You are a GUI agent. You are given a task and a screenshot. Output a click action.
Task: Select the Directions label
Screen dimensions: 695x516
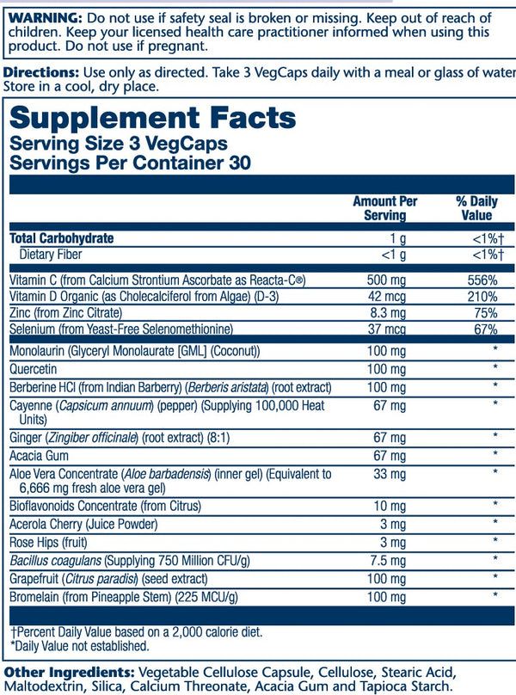(40, 73)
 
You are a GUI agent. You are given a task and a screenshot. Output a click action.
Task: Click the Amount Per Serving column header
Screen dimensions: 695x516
(384, 207)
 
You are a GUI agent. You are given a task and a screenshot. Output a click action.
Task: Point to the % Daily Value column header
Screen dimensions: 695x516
(476, 207)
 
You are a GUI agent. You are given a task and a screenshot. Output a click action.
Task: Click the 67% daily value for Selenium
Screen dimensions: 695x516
(483, 329)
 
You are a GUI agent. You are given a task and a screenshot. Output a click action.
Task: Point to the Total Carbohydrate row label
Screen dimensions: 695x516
(61, 238)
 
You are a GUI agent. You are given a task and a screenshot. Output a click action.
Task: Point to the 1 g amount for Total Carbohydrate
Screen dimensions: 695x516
(397, 238)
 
